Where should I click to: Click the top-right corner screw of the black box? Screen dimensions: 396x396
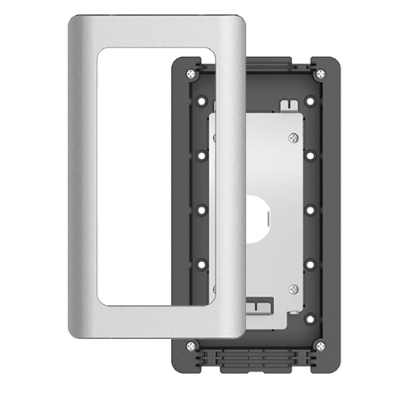320,74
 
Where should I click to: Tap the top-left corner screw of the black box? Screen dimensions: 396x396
191,74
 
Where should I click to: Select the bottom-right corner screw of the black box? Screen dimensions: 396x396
320,345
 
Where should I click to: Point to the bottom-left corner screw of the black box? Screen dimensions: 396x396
191,345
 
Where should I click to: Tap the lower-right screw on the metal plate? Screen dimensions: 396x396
293,289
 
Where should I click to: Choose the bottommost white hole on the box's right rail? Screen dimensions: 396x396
310,318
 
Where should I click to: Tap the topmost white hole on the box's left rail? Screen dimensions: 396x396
202,101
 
